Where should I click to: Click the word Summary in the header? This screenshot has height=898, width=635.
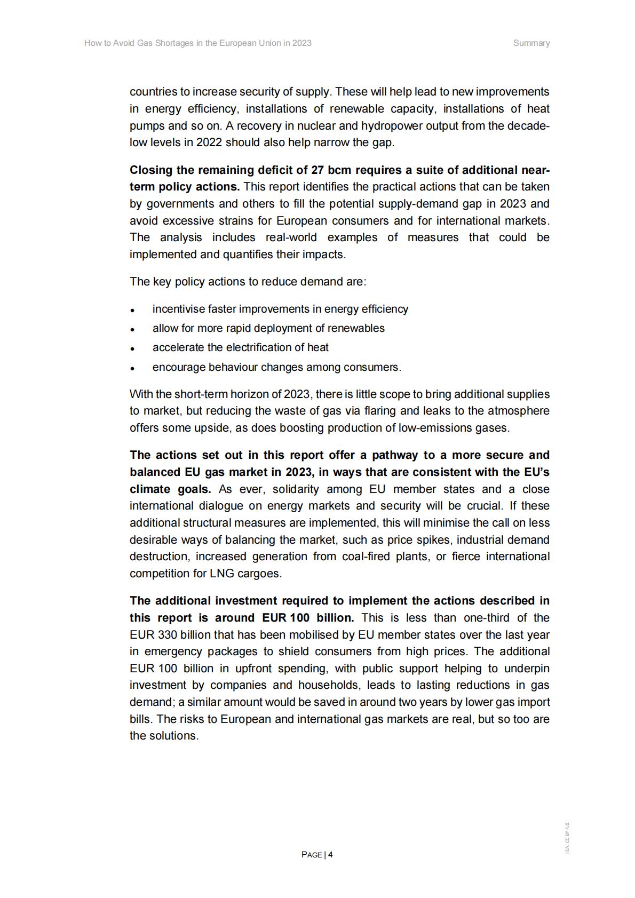531,43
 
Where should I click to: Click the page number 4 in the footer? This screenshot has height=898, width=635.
330,854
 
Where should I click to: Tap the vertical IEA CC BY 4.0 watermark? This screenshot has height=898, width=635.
567,837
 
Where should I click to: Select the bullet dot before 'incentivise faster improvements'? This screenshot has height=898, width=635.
132,311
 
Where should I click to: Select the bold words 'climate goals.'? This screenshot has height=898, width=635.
170,489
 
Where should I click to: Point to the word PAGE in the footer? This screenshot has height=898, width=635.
312,855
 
